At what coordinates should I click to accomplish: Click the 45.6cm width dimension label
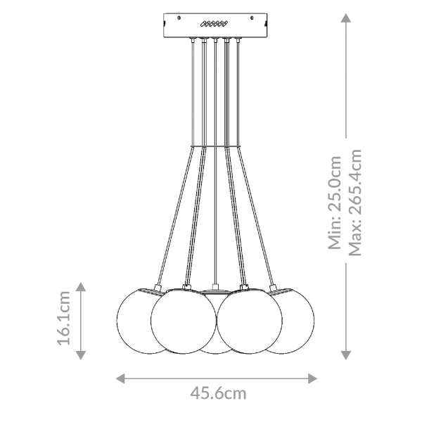pyautogui.click(x=218, y=393)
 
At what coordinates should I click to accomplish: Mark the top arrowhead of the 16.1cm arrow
pyautogui.click(x=82, y=286)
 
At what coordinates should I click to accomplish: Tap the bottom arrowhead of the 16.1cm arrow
pyautogui.click(x=82, y=353)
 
